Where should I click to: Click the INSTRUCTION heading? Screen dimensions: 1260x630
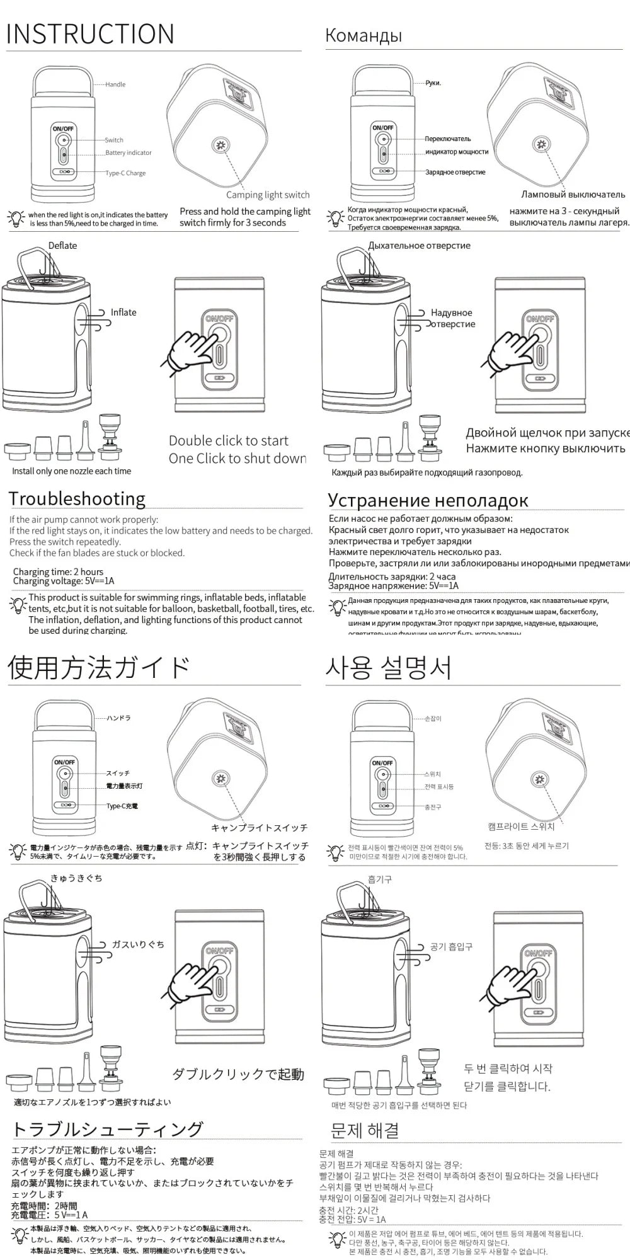coord(90,34)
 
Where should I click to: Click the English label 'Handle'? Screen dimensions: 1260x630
coord(115,84)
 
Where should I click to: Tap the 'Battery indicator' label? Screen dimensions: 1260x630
coord(129,153)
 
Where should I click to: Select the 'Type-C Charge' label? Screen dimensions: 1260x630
coord(125,173)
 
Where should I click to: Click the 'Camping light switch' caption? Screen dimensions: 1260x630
coord(268,195)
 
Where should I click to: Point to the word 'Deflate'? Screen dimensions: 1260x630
coord(62,246)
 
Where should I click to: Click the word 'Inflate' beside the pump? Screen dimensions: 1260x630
coord(123,312)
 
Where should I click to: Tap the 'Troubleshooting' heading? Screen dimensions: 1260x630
coord(77,499)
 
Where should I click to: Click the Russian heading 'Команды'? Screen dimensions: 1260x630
coord(364,35)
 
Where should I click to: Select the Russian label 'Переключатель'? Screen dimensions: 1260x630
coord(448,139)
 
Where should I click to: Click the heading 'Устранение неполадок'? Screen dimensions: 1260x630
coord(428,500)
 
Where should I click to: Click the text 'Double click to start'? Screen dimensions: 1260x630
coord(228,441)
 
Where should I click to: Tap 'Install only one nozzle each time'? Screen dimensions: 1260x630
coord(71,471)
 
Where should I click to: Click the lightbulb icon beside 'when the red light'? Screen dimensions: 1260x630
coord(16,219)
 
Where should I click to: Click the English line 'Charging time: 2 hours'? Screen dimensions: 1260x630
coord(58,572)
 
